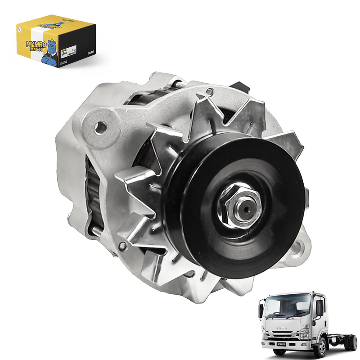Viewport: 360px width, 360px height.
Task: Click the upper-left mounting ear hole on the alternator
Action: (x=102, y=127)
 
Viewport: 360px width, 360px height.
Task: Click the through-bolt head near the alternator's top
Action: (x=208, y=91)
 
